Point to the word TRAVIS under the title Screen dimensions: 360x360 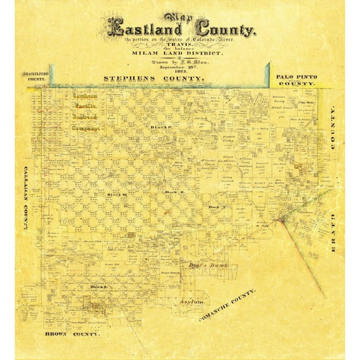coord(181,46)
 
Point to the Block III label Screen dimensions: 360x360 coord(116,194)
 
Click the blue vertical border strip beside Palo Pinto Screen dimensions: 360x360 coord(269,74)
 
